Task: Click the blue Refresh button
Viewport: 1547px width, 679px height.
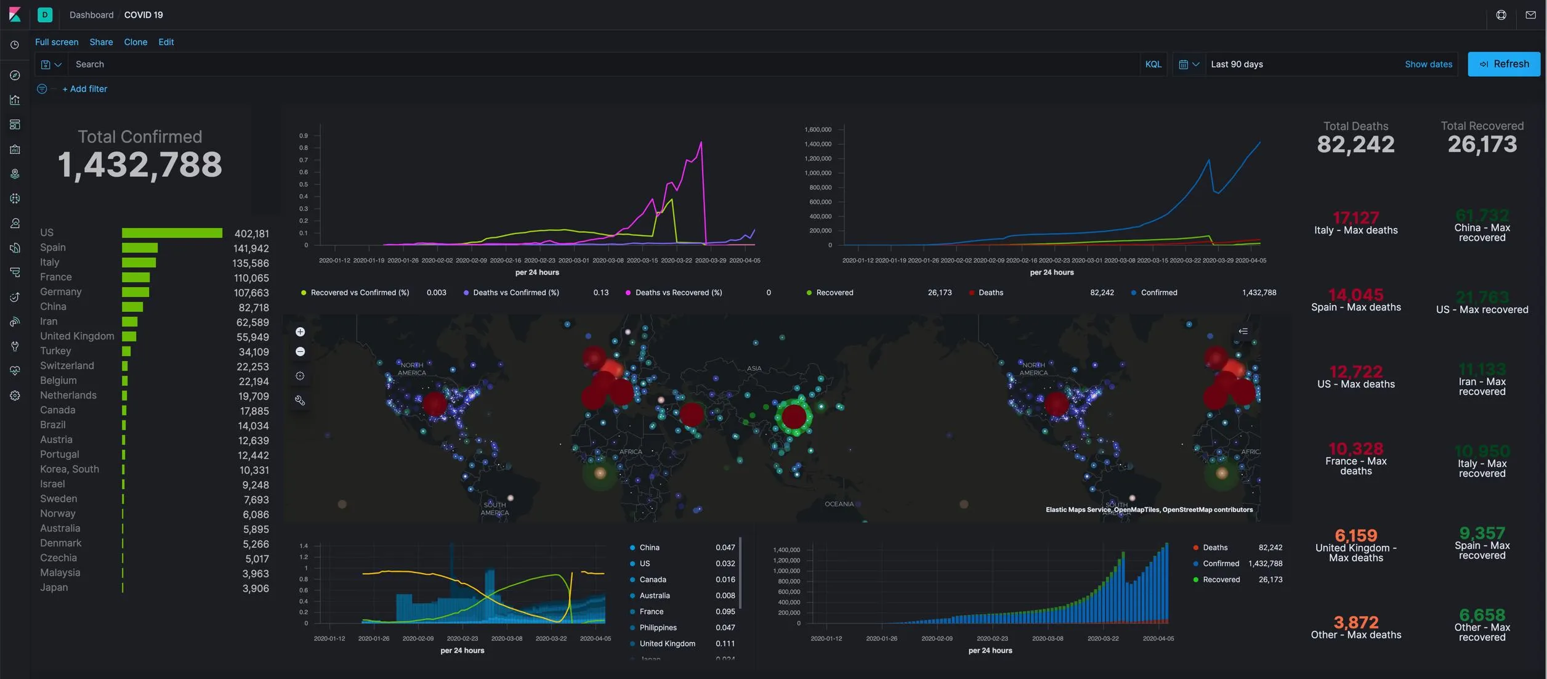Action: [1504, 64]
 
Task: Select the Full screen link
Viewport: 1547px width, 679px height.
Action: [57, 42]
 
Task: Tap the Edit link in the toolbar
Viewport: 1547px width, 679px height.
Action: [166, 42]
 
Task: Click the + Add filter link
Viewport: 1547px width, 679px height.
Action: [85, 89]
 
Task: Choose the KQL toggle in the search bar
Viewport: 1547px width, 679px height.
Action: [1153, 64]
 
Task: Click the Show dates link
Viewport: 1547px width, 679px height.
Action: [1428, 64]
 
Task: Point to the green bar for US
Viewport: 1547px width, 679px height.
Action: [172, 233]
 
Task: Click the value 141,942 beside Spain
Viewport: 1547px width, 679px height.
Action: [251, 248]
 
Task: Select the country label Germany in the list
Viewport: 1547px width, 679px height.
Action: [61, 291]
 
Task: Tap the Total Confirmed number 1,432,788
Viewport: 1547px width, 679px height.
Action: [140, 165]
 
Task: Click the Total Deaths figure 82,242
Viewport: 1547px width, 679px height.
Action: [1355, 145]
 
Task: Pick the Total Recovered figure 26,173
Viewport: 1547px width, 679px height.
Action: [1482, 145]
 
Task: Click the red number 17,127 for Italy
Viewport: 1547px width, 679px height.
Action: [1355, 218]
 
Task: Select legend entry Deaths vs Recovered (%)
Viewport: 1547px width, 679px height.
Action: [678, 293]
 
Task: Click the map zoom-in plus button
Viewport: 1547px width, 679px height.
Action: [300, 332]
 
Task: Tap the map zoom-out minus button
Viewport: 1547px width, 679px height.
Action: [300, 352]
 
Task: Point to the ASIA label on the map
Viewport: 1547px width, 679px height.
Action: [754, 368]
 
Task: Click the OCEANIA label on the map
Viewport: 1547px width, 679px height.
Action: [839, 504]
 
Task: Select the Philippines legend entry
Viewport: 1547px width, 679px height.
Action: [658, 627]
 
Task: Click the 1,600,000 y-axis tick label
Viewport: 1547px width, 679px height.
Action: [817, 129]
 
